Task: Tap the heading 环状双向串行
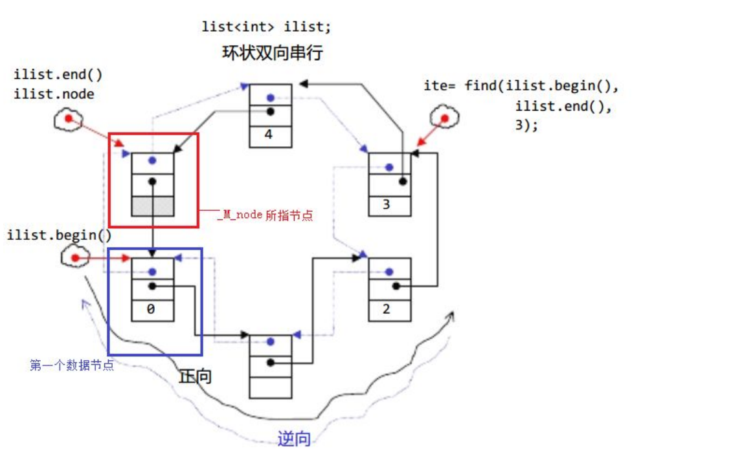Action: (272, 52)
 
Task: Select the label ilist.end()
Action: (58, 75)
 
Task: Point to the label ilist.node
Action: (54, 94)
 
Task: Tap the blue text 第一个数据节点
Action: (72, 365)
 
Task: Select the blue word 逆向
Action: (294, 440)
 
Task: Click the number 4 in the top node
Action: (270, 136)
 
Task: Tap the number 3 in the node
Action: (387, 205)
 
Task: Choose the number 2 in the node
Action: (387, 309)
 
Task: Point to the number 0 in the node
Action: (151, 309)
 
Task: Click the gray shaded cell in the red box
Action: (152, 206)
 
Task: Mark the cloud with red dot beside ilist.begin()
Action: (74, 258)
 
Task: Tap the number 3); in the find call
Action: (526, 125)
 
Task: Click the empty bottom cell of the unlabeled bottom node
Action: (270, 387)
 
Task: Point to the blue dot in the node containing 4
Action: (270, 98)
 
